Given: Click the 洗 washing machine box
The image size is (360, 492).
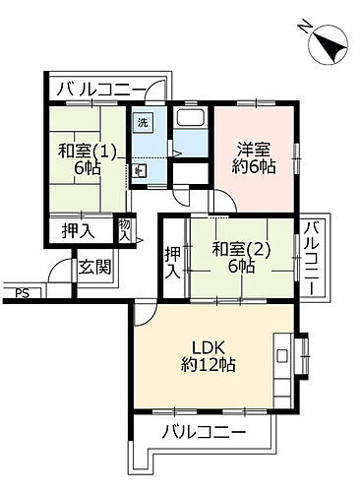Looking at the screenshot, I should [142, 123].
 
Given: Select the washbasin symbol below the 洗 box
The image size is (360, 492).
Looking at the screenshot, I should [141, 169].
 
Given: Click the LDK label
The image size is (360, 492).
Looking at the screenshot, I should [208, 346].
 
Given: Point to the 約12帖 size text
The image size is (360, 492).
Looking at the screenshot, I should [208, 365].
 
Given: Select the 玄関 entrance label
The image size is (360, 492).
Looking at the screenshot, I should [94, 266].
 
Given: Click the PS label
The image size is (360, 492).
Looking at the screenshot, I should [22, 292].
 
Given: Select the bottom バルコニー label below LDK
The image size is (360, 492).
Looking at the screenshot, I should [190, 432].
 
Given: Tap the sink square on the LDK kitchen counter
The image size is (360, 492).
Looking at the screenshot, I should [283, 352].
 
